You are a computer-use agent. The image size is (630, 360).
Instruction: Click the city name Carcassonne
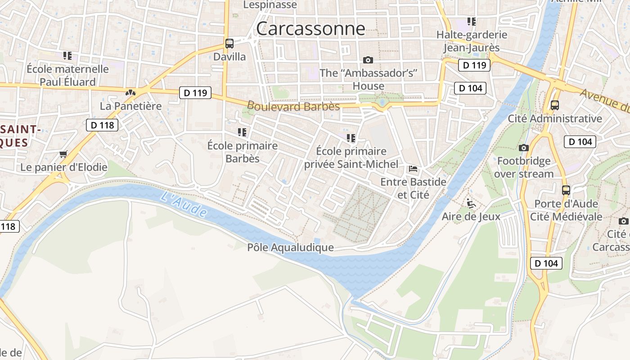pyautogui.click(x=310, y=29)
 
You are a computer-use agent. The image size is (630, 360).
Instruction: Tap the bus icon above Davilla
pyautogui.click(x=229, y=44)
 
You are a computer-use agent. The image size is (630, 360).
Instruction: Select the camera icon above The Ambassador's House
pyautogui.click(x=368, y=60)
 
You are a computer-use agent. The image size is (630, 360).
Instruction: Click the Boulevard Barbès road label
pyautogui.click(x=293, y=107)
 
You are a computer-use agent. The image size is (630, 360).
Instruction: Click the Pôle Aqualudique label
pyautogui.click(x=290, y=247)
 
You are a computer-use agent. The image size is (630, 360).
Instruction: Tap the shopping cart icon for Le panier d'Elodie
pyautogui.click(x=63, y=154)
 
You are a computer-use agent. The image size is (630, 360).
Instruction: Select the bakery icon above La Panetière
pyautogui.click(x=130, y=93)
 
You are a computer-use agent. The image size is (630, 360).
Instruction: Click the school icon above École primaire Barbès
pyautogui.click(x=242, y=132)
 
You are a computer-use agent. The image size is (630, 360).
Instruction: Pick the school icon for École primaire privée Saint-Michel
pyautogui.click(x=351, y=138)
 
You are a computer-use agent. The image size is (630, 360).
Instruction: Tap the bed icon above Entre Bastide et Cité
pyautogui.click(x=413, y=169)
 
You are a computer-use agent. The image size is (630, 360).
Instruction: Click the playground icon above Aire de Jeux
pyautogui.click(x=471, y=203)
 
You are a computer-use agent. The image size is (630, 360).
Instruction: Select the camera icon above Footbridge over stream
pyautogui.click(x=523, y=148)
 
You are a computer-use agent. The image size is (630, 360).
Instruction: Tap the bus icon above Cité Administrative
pyautogui.click(x=554, y=105)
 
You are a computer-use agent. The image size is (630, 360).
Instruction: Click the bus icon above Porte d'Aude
pyautogui.click(x=566, y=190)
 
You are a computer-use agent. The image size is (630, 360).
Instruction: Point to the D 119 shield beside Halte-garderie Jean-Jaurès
pyautogui.click(x=474, y=65)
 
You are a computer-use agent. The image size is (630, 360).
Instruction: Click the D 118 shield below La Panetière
pyautogui.click(x=102, y=125)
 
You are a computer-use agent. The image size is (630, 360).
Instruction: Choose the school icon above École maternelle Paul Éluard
pyautogui.click(x=67, y=56)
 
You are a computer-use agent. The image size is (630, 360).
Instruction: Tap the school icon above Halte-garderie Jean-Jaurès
pyautogui.click(x=472, y=21)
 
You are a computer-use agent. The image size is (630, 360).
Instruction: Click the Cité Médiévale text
pyautogui.click(x=566, y=216)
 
